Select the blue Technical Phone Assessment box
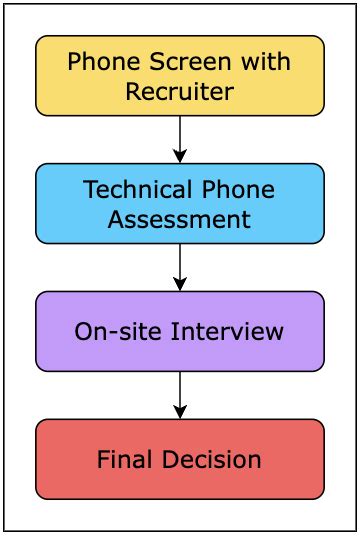180,203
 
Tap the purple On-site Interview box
180,331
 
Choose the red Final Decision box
180,459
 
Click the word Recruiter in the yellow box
180,92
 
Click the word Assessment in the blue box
180,218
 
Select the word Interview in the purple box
222,331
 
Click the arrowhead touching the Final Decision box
180,411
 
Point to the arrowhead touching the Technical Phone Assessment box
180,155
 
